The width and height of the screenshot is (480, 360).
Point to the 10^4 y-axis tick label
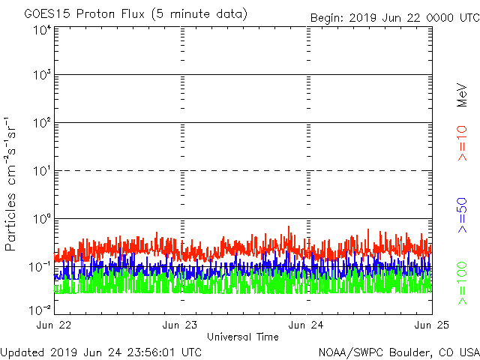(x=42, y=30)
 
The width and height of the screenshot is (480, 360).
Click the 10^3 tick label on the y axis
(x=42, y=75)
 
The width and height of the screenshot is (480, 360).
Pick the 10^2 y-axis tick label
(x=42, y=123)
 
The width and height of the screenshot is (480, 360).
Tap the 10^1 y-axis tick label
(x=42, y=171)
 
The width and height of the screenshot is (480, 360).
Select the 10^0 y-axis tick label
(x=42, y=219)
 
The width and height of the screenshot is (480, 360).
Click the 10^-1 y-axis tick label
(x=40, y=267)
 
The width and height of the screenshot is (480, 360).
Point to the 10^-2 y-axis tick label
(x=40, y=308)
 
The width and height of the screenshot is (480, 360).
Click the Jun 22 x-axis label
(x=55, y=325)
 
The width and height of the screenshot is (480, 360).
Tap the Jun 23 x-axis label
(x=181, y=325)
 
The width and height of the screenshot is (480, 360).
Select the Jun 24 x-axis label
(x=307, y=325)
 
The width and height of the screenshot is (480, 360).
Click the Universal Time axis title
(x=242, y=337)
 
